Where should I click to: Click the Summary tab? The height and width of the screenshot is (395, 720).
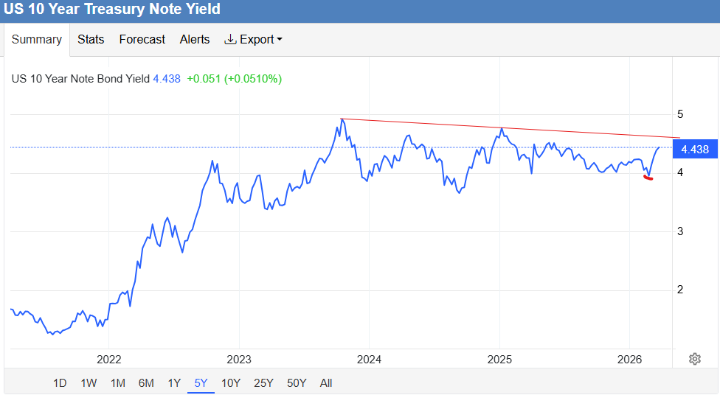(x=36, y=40)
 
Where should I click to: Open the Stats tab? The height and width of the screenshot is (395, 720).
(x=91, y=40)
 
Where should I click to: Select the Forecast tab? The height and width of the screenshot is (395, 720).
(x=142, y=40)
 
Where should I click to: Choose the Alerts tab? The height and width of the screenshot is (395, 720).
(x=195, y=40)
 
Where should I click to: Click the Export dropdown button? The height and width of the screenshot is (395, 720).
(x=254, y=40)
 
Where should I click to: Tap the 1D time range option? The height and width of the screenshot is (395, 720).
(x=60, y=383)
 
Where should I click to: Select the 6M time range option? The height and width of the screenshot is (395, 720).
(x=146, y=383)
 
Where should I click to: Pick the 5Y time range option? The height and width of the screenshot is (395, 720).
(x=201, y=383)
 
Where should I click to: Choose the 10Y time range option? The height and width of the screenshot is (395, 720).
(x=231, y=383)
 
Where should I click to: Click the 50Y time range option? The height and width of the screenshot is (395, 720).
(x=297, y=383)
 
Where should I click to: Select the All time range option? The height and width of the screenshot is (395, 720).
(x=326, y=383)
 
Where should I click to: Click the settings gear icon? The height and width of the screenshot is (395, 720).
(x=694, y=359)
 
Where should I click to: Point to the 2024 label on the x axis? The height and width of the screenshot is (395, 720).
(x=369, y=360)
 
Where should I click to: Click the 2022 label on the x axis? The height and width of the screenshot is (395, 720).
(x=108, y=360)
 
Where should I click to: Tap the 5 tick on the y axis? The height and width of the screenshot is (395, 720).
(x=680, y=115)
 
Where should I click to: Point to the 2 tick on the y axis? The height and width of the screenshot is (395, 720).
(x=680, y=290)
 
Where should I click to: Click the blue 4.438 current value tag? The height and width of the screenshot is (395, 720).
(x=694, y=150)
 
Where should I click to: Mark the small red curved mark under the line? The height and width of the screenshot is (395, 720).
(x=648, y=178)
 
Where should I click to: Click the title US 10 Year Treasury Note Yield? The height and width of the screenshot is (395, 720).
(x=112, y=10)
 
